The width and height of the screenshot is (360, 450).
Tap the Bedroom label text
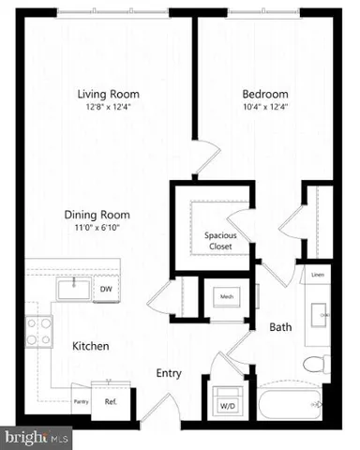coord(265,94)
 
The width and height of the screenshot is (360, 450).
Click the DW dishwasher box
coord(107,289)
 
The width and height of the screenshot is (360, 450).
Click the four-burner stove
coord(38,329)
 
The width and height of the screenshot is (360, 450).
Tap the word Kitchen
coord(91,347)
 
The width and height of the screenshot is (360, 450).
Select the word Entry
coord(168,373)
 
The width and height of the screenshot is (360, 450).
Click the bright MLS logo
coord(37,437)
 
